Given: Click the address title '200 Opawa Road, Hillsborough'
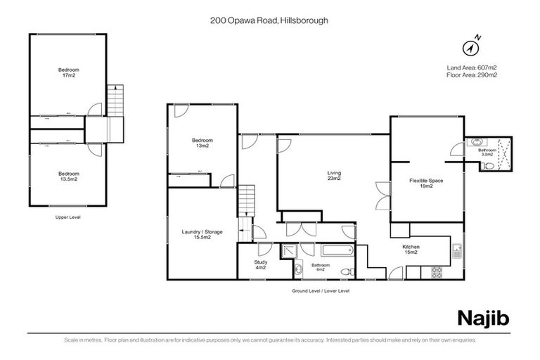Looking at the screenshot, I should click(x=270, y=21).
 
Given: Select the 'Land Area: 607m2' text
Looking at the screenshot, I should click(x=472, y=67).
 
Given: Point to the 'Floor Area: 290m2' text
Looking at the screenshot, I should click(x=472, y=75).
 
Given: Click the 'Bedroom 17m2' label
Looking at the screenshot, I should click(x=68, y=72).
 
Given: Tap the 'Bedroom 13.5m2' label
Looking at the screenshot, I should click(x=68, y=176).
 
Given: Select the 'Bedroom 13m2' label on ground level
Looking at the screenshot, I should click(x=202, y=143).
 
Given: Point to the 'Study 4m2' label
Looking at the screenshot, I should click(x=260, y=264).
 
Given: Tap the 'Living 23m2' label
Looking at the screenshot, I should click(x=333, y=175).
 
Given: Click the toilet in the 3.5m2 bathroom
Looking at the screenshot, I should click(x=488, y=166).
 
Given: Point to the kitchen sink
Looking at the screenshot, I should click(x=458, y=248).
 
